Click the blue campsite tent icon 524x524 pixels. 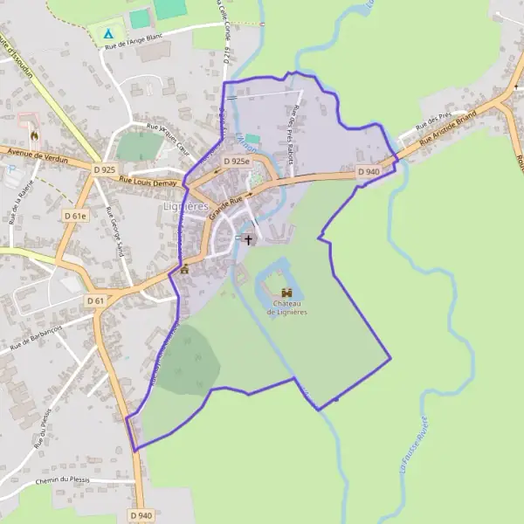pos(108,34)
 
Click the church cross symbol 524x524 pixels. pos(248,238)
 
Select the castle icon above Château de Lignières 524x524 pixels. pos(286,293)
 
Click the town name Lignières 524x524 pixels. pos(186,206)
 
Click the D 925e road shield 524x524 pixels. pos(236,162)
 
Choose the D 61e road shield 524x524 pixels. pos(76,214)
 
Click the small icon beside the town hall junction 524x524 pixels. pos(184,269)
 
